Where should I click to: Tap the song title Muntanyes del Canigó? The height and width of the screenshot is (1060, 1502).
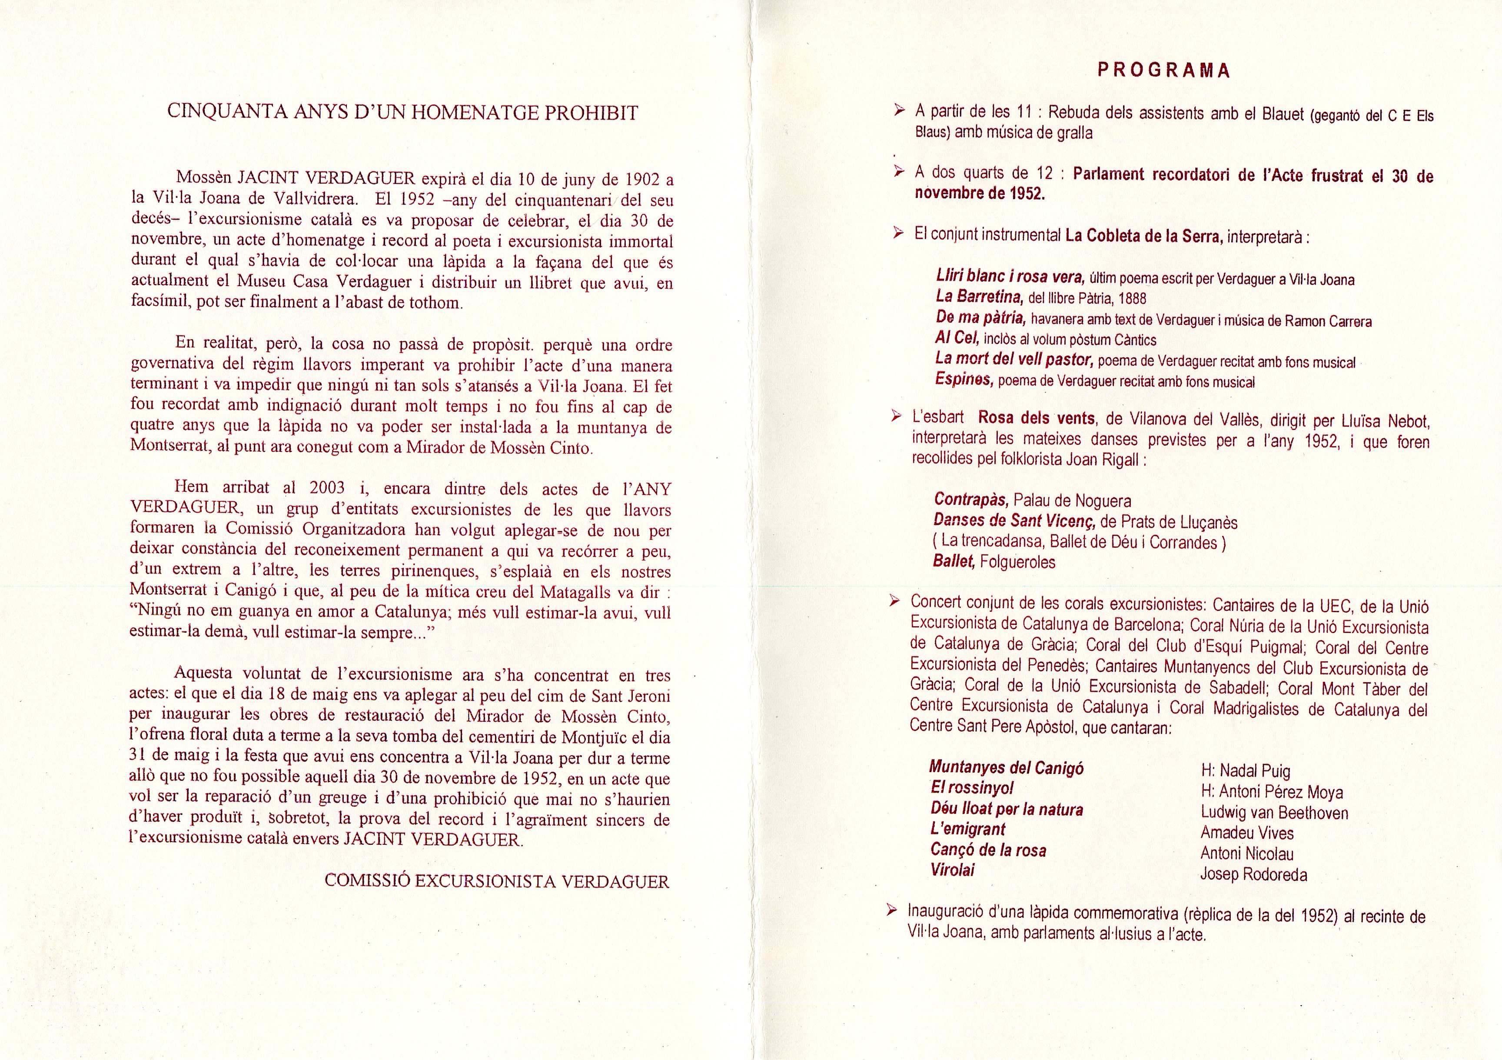point(1006,767)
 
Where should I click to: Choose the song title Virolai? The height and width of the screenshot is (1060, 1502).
point(953,870)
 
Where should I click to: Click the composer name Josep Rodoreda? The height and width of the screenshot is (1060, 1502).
point(1253,874)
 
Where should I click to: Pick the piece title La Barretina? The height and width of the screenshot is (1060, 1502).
point(979,297)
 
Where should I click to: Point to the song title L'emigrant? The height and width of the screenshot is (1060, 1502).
point(967,829)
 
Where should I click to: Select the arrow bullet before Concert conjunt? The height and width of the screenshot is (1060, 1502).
point(894,601)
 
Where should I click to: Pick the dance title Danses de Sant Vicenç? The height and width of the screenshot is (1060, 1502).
point(1015,521)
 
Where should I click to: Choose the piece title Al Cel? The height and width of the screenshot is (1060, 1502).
point(957,338)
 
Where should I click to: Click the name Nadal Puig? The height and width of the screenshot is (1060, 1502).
point(1246,771)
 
